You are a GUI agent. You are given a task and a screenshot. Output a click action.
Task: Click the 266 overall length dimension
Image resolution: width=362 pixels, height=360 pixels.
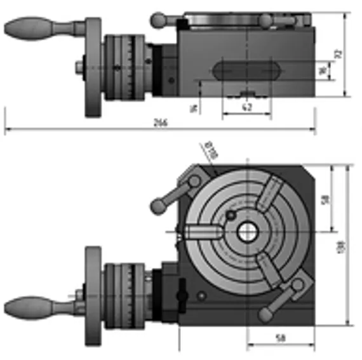pos(160,123)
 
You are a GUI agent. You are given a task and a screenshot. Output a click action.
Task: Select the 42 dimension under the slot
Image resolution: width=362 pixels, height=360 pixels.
pos(247,108)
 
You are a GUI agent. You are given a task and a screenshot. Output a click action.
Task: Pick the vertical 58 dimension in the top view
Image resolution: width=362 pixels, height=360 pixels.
pos(325,199)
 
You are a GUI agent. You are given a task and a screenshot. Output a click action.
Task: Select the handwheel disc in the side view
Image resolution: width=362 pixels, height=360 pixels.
pos(94,67)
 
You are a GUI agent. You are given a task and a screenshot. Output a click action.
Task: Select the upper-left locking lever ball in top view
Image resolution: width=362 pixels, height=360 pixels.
pos(156,205)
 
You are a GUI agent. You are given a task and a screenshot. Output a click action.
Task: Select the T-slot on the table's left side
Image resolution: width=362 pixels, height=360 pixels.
pos(202,233)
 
